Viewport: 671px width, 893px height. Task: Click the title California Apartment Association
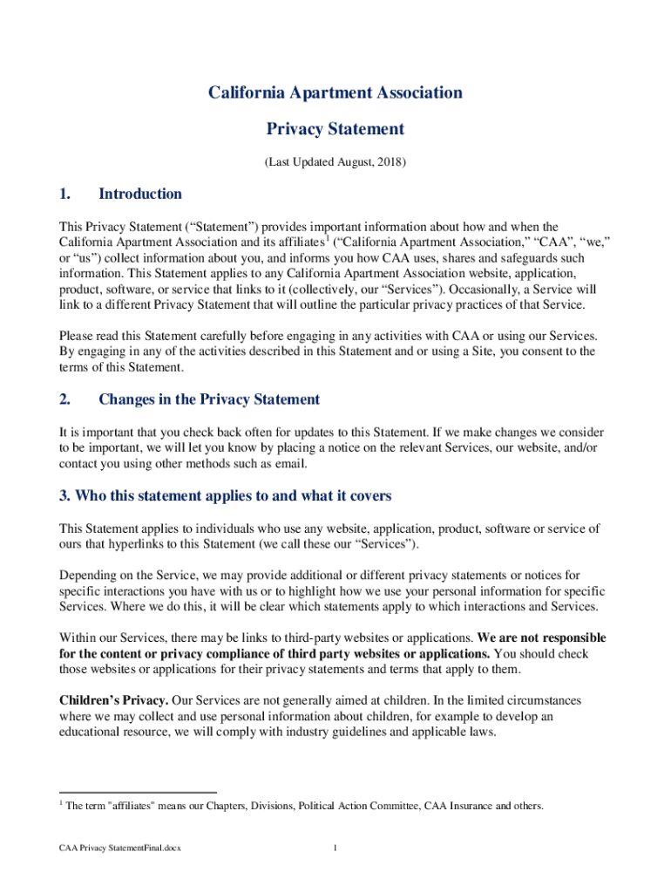coord(335,92)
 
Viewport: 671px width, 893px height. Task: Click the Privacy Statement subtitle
coord(335,129)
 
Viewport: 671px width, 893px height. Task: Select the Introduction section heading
coord(140,194)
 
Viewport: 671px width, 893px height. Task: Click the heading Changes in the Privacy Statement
coord(209,399)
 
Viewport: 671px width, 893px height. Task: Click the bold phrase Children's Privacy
coord(112,700)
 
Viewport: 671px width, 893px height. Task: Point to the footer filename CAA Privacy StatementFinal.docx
coord(120,848)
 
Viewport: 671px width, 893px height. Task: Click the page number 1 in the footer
coord(335,848)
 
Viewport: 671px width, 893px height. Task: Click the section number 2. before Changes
coord(64,399)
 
